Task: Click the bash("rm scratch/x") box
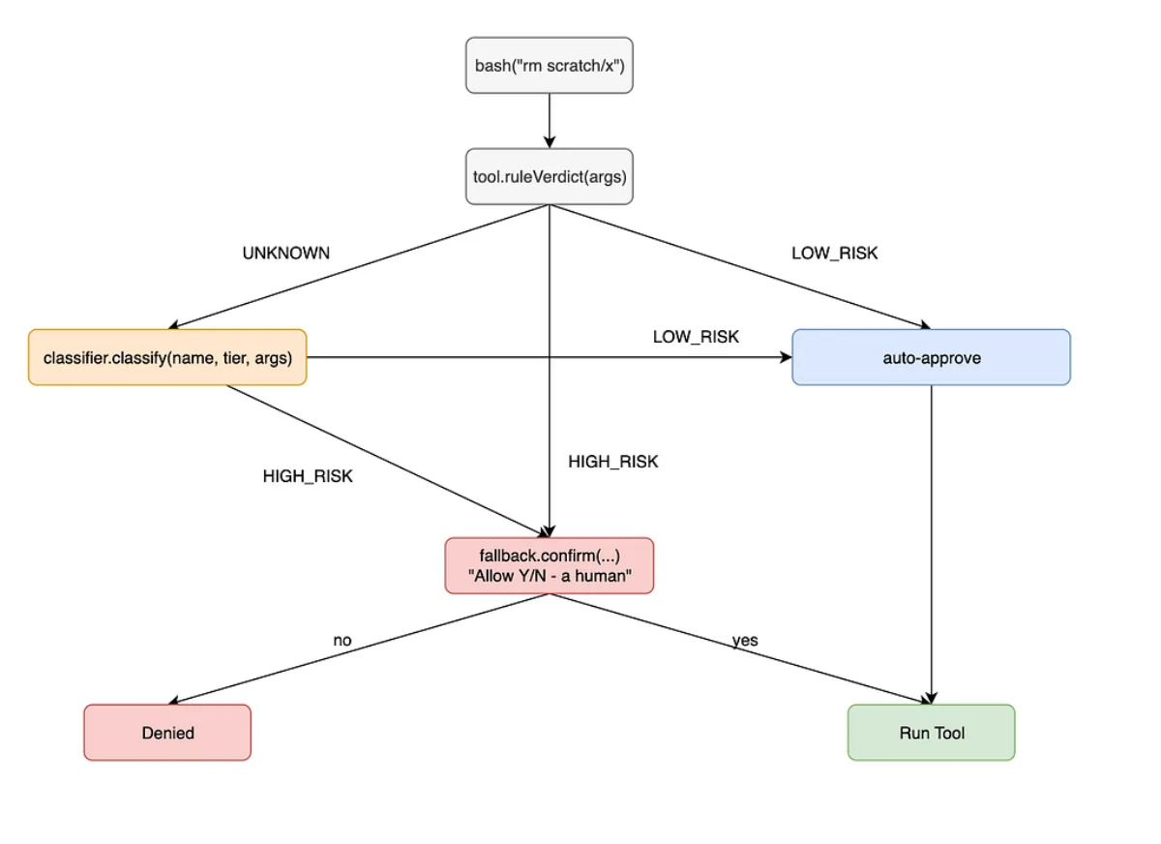click(x=550, y=65)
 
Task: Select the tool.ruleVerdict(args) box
click(x=550, y=177)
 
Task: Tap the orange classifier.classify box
click(x=167, y=357)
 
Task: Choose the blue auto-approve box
click(x=932, y=357)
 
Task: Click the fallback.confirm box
click(x=550, y=565)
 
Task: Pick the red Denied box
click(x=167, y=733)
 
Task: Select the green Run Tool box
click(x=932, y=733)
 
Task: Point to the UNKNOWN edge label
click(x=286, y=253)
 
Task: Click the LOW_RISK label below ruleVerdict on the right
click(x=834, y=253)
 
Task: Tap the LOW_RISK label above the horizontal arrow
click(x=696, y=337)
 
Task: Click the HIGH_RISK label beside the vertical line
click(x=613, y=462)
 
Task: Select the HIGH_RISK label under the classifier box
click(x=308, y=476)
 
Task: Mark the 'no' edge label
click(x=342, y=641)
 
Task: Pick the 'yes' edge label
click(x=745, y=641)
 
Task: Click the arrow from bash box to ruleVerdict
click(x=550, y=121)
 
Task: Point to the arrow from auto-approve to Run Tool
click(x=932, y=545)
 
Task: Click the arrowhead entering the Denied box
click(x=173, y=701)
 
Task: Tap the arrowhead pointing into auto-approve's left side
click(x=786, y=357)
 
